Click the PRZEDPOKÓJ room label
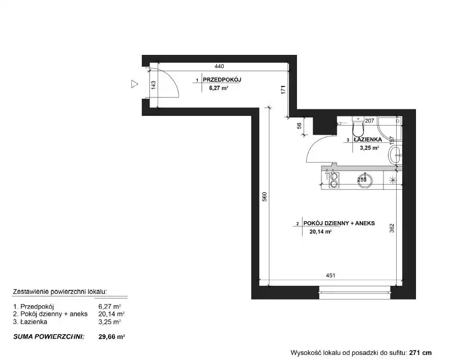click(x=222, y=80)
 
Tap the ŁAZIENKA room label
click(x=368, y=140)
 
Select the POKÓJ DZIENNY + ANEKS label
click(x=339, y=223)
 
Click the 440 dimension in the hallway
click(x=219, y=66)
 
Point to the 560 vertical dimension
click(x=264, y=197)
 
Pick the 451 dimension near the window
click(x=330, y=275)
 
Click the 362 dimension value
click(x=392, y=228)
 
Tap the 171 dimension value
click(x=283, y=90)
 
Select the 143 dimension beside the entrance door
click(x=153, y=85)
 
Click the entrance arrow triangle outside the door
click(x=134, y=84)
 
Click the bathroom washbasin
click(x=395, y=155)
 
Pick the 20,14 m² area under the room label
click(x=320, y=232)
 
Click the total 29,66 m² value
click(x=111, y=337)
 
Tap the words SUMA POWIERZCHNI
click(x=49, y=337)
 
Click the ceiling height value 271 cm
click(x=420, y=353)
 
